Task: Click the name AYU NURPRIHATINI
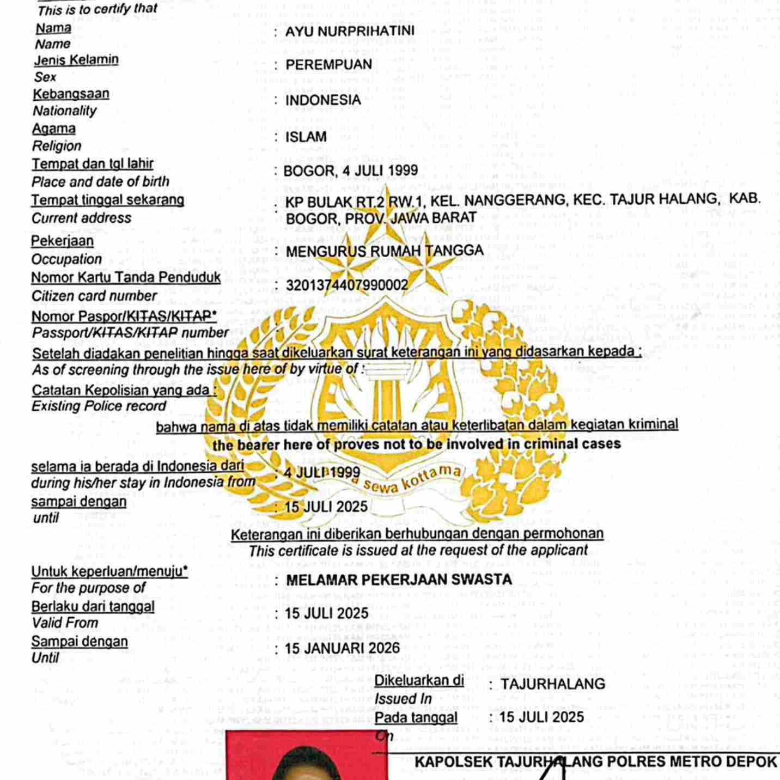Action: click(x=350, y=31)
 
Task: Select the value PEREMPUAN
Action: click(x=329, y=65)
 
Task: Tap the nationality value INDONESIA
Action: click(x=323, y=100)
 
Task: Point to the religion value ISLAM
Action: click(x=306, y=137)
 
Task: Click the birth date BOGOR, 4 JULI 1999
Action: click(x=351, y=170)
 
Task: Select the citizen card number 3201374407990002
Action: click(x=347, y=285)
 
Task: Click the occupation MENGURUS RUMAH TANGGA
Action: click(x=385, y=251)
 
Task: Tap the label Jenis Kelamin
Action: click(x=76, y=59)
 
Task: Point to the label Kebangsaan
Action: click(x=71, y=94)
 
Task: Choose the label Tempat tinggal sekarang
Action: click(x=107, y=200)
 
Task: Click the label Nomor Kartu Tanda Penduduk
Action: click(x=126, y=278)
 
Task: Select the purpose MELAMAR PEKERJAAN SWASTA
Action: click(x=399, y=580)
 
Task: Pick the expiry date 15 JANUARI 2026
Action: click(x=343, y=648)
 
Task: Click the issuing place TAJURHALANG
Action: click(x=553, y=684)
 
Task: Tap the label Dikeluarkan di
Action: click(x=419, y=680)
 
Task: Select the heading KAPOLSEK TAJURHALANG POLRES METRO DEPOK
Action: click(x=596, y=761)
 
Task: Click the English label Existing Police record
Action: click(x=99, y=406)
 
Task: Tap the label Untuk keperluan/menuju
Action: click(x=109, y=571)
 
